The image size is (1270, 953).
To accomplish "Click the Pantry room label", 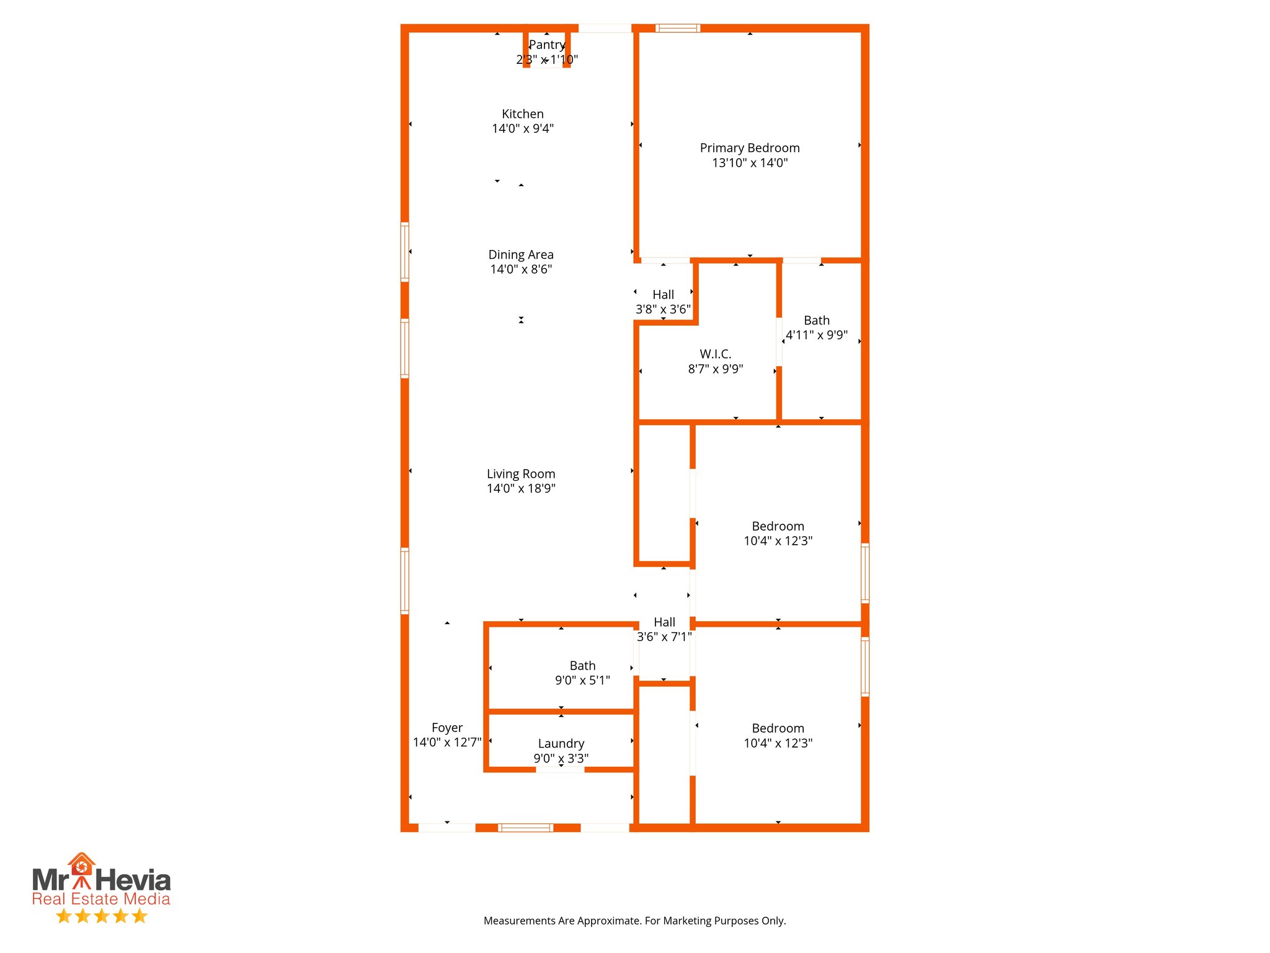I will tap(546, 45).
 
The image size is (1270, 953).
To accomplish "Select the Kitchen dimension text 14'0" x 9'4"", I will tap(522, 128).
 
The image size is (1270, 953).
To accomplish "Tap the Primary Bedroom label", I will tap(749, 148).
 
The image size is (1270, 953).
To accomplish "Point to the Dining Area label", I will tap(520, 254).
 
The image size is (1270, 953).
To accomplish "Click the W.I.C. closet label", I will tap(715, 354).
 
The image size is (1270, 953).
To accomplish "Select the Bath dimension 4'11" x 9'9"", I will tap(816, 335).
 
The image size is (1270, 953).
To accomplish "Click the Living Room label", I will tap(520, 474).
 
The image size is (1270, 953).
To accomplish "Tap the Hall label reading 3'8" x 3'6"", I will tap(663, 295).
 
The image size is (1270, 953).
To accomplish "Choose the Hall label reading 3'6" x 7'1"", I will tap(664, 622).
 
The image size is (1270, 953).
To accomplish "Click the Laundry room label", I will tap(561, 743).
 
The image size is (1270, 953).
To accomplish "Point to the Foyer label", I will tap(446, 728).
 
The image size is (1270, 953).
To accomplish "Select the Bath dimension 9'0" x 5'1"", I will tap(582, 681).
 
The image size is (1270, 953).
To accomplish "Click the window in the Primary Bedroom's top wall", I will tap(677, 28).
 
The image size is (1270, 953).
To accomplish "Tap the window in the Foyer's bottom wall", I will tap(525, 827).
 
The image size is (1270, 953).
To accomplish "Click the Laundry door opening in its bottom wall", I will tap(559, 769).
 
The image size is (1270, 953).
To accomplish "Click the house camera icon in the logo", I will tap(81, 866).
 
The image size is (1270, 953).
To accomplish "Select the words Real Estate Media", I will tap(100, 899).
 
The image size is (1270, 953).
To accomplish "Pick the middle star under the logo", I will tap(101, 916).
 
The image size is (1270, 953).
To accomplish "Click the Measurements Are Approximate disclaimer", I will tap(634, 921).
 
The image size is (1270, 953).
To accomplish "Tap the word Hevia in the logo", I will tap(133, 880).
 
